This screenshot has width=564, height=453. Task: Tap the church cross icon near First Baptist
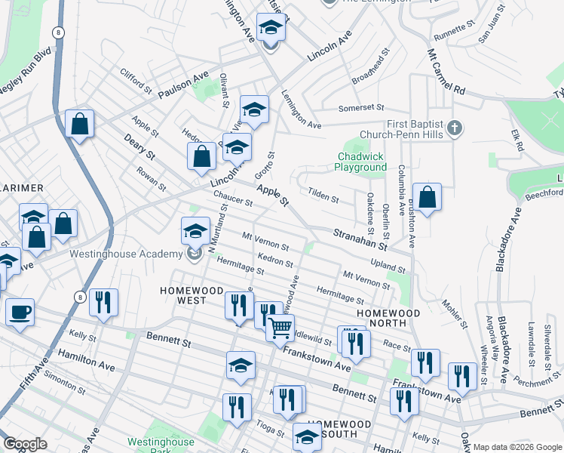point(453,128)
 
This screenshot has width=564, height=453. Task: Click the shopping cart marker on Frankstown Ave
point(280,327)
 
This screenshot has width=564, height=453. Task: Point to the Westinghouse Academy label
point(124,254)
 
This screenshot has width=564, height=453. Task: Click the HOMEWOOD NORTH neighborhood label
point(382,317)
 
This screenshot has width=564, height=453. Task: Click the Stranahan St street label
point(361,240)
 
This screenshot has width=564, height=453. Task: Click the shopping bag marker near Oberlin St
point(427,198)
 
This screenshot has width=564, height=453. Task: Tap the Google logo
point(25,444)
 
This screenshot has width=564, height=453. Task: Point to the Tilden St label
point(323,195)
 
